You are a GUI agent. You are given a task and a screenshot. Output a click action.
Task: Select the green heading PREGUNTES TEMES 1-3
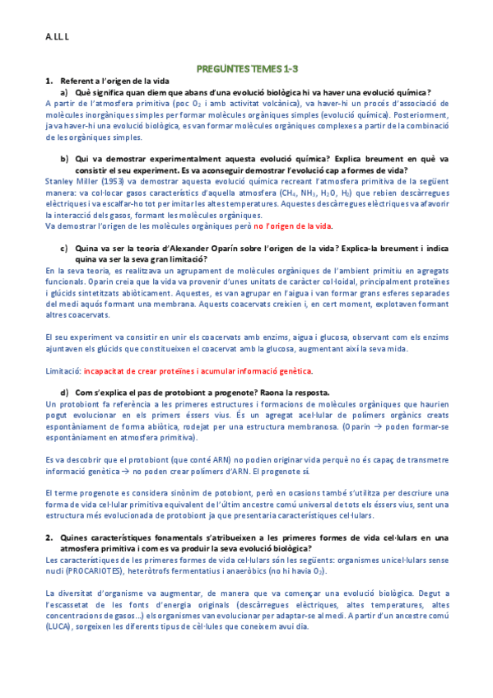[246, 72]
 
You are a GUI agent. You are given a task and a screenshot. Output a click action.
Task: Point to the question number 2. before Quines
[49, 537]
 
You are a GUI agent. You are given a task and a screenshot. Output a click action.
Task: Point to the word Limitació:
[64, 372]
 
